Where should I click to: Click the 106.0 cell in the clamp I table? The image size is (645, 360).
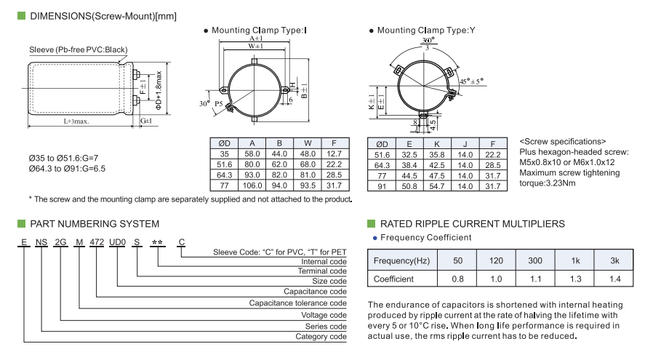pyautogui.click(x=252, y=186)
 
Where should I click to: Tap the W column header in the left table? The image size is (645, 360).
pyautogui.click(x=308, y=143)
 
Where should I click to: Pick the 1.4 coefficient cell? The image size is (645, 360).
pyautogui.click(x=614, y=279)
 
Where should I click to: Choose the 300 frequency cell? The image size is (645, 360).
pyautogui.click(x=534, y=260)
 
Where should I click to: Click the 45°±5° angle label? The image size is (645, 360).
pyautogui.click(x=470, y=81)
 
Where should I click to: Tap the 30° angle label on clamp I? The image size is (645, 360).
pyautogui.click(x=204, y=103)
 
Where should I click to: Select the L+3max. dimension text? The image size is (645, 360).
pyautogui.click(x=76, y=121)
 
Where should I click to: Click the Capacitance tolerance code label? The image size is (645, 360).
pyautogui.click(x=298, y=303)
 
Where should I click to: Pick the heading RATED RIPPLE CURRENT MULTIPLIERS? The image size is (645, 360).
pyautogui.click(x=473, y=223)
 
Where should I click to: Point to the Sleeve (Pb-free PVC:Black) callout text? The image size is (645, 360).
pyautogui.click(x=78, y=49)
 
